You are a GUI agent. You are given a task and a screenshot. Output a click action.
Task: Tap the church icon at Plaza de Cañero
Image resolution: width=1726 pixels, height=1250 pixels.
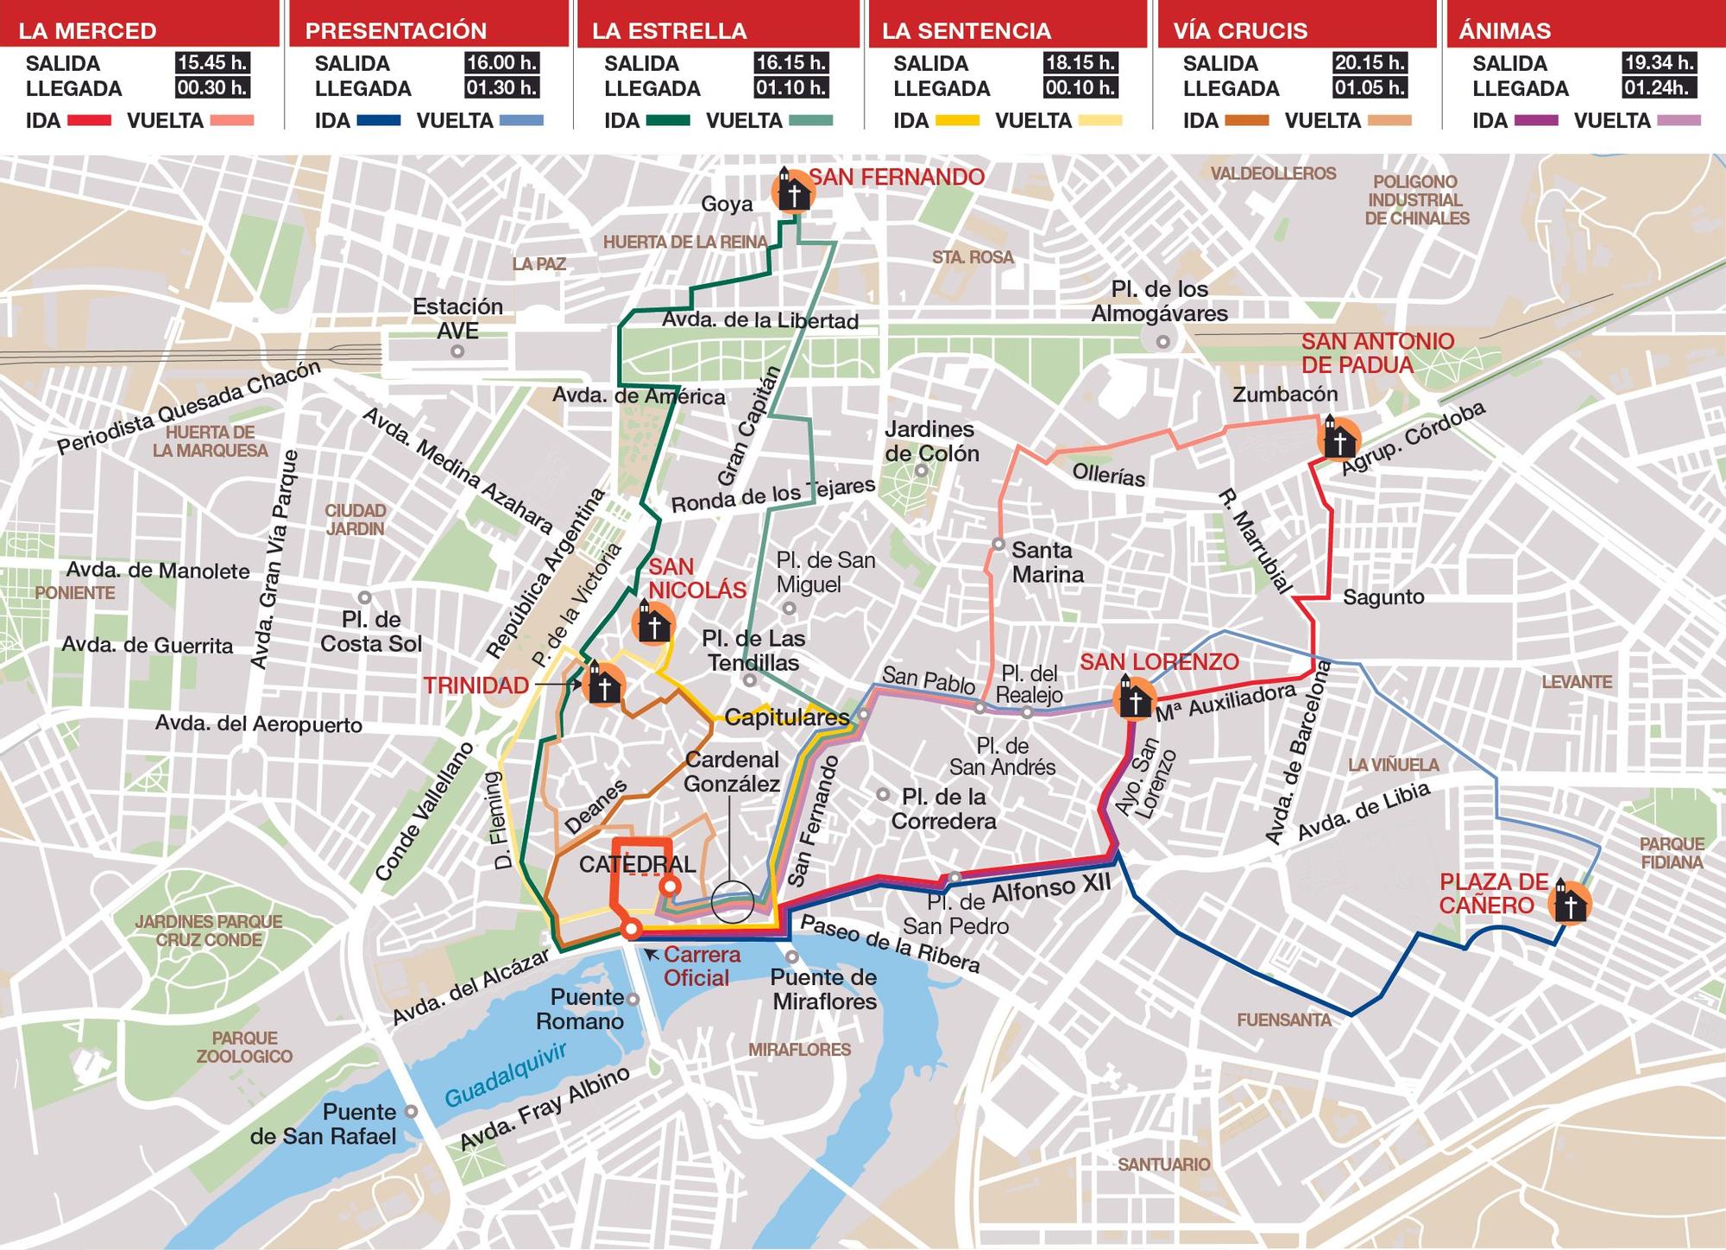[x=1570, y=904]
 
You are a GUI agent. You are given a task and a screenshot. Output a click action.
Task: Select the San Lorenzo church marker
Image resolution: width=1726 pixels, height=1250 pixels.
[x=1134, y=698]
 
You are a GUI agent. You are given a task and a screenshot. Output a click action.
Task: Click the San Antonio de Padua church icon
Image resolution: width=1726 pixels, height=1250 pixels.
[x=1339, y=439]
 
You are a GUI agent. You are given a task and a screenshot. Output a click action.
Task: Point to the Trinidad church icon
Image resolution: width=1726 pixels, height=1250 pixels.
[x=604, y=685]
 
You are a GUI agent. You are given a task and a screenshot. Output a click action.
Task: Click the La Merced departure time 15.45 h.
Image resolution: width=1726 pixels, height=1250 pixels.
[x=211, y=63]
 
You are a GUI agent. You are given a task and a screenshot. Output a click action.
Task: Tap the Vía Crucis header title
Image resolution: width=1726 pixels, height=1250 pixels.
[x=1240, y=31]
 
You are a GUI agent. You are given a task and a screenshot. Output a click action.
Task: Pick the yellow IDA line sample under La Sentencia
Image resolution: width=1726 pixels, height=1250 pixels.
[x=954, y=121]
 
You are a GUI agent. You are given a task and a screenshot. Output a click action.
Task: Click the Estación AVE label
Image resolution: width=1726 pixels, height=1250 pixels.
[x=457, y=319]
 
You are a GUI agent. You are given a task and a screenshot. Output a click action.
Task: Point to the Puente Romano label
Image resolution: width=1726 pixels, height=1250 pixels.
[x=580, y=1009]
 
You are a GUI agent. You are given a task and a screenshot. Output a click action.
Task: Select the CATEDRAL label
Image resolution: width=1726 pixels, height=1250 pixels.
[x=637, y=864]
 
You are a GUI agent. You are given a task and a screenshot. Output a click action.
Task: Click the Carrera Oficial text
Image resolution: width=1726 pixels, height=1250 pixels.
[x=702, y=966]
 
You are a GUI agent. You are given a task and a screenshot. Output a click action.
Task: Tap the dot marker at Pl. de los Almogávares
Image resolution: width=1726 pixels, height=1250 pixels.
[x=1163, y=342]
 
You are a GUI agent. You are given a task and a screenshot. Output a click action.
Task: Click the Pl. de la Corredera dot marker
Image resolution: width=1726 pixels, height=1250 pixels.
[x=883, y=794]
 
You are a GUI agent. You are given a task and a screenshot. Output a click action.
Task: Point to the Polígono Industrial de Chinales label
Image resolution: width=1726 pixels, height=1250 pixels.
[x=1416, y=200]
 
